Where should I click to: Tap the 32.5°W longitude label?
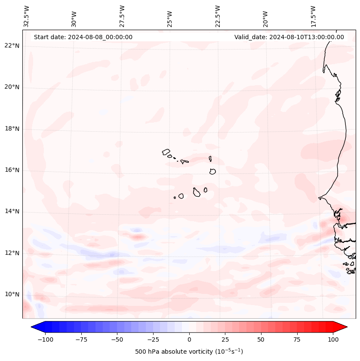pos(27,16)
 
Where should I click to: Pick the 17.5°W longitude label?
pos(313,16)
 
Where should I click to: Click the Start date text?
pos(83,37)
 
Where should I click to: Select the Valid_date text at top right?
pos(289,37)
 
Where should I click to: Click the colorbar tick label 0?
pos(189,339)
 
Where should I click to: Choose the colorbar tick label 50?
pos(261,339)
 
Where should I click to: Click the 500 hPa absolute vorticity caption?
pos(189,352)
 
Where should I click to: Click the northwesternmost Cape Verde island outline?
pos(166,152)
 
